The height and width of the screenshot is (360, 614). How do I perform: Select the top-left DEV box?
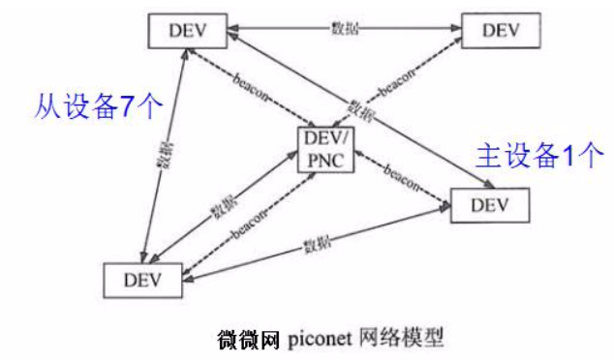pyautogui.click(x=188, y=30)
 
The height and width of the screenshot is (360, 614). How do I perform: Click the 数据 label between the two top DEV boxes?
pyautogui.click(x=345, y=30)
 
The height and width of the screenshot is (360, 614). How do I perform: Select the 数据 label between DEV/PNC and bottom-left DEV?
pyautogui.click(x=221, y=207)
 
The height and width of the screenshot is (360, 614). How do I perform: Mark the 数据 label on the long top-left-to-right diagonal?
pyautogui.click(x=359, y=106)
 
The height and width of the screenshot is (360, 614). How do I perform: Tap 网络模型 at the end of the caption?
pyautogui.click(x=408, y=340)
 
